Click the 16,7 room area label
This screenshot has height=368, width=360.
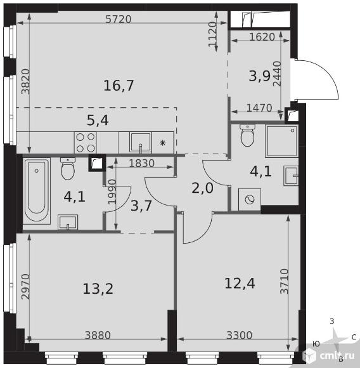click(119, 86)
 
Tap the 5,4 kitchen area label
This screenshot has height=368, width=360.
click(98, 121)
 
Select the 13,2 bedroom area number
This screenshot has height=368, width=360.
click(98, 289)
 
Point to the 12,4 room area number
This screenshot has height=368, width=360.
click(240, 283)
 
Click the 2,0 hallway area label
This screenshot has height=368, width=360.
click(203, 188)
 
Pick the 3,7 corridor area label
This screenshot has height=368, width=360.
click(141, 206)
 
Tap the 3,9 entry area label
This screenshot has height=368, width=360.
click(260, 76)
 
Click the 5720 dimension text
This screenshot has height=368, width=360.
click(118, 19)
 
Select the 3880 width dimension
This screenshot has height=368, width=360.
click(98, 335)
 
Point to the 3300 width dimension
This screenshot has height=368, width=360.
click(240, 335)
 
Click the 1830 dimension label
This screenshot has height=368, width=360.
click(142, 163)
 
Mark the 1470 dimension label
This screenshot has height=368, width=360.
click(259, 108)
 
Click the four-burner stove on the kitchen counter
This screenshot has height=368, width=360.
click(86, 143)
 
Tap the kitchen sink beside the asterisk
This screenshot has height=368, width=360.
click(141, 143)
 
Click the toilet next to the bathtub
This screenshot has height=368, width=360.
click(68, 169)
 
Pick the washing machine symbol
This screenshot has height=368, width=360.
click(250, 199)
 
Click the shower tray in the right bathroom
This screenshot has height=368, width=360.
click(281, 141)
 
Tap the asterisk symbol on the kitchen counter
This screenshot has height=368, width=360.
click(163, 143)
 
